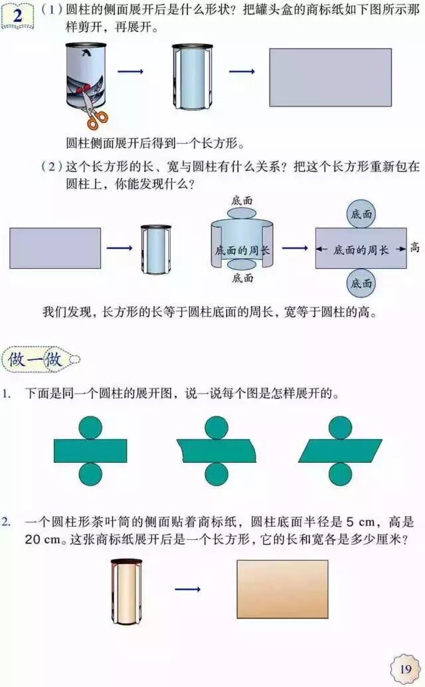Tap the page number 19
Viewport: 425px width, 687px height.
tap(405, 668)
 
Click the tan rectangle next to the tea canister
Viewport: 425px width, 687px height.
tap(282, 589)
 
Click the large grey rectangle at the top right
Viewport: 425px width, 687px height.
tap(330, 77)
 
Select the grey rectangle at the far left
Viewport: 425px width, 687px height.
tap(55, 248)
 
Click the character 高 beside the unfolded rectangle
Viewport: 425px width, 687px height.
tap(415, 248)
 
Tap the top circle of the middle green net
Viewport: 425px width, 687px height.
tap(216, 427)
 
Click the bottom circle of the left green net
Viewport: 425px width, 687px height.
tap(90, 474)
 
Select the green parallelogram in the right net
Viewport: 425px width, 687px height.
tap(340, 450)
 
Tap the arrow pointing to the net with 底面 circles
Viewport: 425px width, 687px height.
tap(295, 249)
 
